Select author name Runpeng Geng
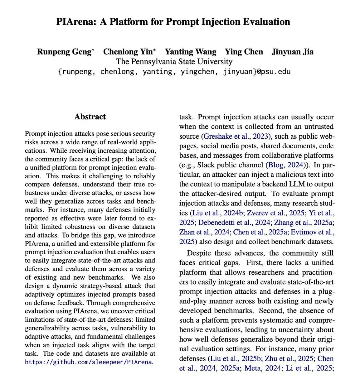64,52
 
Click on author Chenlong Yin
128,52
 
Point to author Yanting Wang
190,52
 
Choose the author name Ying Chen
244,52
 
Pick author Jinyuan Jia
292,52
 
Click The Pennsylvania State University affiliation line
174,61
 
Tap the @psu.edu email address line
174,72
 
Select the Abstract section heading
90,117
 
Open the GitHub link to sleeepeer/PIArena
89,362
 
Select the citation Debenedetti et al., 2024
234,223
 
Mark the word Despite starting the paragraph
200,253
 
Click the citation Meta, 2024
262,368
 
